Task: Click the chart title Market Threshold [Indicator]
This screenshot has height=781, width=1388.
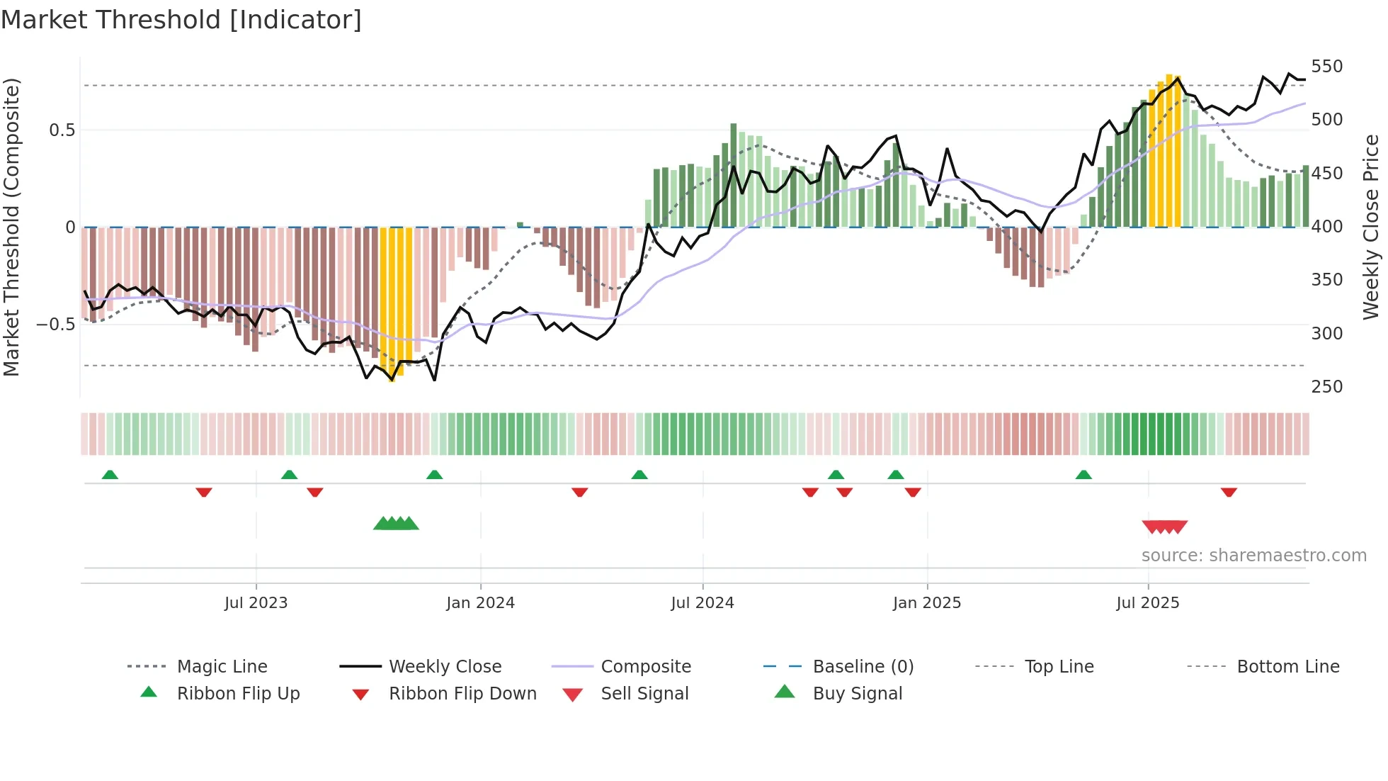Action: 181,20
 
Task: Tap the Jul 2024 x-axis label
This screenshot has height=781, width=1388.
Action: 702,603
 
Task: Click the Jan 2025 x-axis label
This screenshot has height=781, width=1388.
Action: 926,603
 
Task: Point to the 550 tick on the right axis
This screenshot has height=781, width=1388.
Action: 1326,67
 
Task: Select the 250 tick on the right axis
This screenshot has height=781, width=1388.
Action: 1326,387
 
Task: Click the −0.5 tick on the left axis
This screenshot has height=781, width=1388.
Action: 55,325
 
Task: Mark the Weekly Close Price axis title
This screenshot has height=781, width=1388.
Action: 1371,227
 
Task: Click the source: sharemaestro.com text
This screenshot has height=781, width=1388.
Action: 1253,556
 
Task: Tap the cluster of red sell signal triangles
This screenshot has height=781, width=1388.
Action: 1164,527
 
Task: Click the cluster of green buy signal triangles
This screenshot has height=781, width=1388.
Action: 396,524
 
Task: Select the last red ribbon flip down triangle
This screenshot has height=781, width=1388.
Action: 1229,492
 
